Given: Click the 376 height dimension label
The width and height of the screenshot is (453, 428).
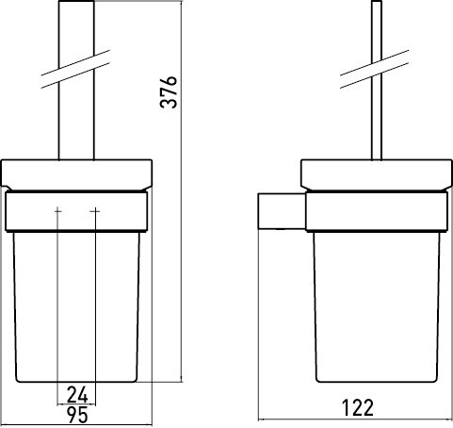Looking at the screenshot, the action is pos(169,91).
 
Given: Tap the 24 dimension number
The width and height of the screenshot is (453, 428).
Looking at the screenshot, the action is pos(77,395).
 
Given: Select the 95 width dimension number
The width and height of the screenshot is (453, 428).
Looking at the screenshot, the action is pos(77,415).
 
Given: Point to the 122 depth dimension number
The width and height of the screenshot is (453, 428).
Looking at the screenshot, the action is pos(358,407).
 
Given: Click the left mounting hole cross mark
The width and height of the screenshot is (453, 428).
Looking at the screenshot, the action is pos(57,211).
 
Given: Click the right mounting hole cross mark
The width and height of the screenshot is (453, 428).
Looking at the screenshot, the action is pos(95,211).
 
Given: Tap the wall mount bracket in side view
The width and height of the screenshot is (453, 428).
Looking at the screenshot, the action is pos(282,211).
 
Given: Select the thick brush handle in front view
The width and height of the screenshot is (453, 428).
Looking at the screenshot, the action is pos(76,80).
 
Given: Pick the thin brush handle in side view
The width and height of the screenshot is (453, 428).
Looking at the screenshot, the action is pos(377,80).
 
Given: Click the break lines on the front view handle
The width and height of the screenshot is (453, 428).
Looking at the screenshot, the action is pos(75,69).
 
